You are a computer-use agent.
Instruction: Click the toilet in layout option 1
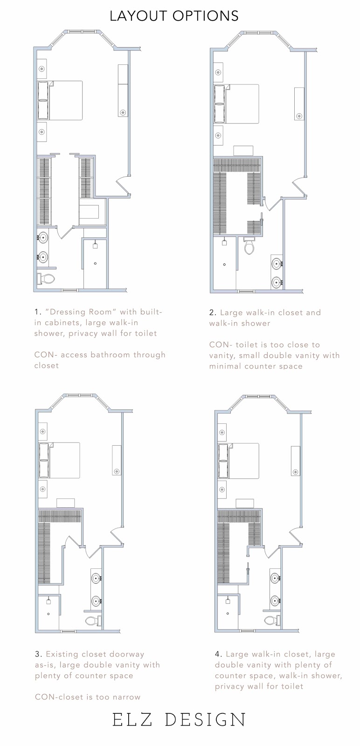46,279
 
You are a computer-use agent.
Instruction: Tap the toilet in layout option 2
249,246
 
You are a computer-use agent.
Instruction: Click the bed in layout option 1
60,100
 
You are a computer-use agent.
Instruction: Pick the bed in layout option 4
238,461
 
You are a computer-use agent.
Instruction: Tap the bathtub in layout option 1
89,212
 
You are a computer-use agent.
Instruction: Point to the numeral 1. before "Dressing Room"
38,312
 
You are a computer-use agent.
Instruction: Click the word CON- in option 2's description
220,345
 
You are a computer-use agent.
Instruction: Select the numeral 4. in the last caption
218,654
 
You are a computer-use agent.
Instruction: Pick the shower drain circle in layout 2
224,265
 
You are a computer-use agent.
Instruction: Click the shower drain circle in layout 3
48,614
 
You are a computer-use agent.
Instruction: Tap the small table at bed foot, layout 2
243,151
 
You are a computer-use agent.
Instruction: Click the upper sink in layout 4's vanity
276,578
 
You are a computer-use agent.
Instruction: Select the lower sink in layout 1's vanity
42,257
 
